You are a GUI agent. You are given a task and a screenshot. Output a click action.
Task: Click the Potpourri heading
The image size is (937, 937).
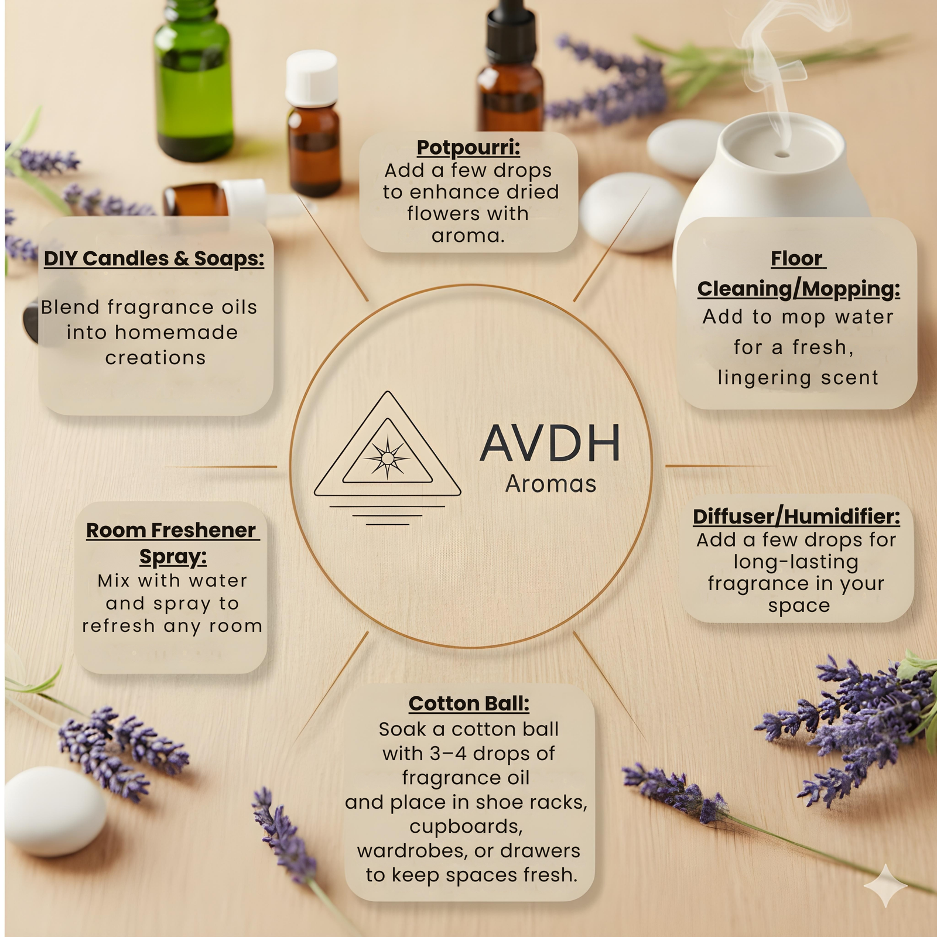[x=468, y=148]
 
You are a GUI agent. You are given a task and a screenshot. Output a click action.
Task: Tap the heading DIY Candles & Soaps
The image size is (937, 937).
[x=154, y=258]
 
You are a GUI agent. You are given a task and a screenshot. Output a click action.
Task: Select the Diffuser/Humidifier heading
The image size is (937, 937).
[x=796, y=517]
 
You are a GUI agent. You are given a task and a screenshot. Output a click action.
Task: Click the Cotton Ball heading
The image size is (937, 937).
[x=469, y=703]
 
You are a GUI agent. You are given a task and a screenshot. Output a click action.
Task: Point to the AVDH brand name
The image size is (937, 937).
[x=550, y=443]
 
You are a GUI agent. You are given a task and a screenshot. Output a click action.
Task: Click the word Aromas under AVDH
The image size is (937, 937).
[x=550, y=484]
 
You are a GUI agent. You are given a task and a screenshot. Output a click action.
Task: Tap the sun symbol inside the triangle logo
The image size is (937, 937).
[x=387, y=457]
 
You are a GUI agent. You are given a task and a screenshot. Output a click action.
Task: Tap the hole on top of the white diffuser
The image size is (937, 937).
[x=781, y=155]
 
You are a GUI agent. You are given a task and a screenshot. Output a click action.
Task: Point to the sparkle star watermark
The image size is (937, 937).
[x=885, y=885]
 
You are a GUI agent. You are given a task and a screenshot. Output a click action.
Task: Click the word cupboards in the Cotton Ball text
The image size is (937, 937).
[x=466, y=826]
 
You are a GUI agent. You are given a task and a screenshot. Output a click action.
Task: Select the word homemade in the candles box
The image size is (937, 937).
[x=176, y=332]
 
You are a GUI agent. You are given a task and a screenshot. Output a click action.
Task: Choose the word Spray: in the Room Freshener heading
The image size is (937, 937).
[x=173, y=556]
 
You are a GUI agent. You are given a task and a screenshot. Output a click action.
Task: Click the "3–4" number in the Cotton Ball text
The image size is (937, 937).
[x=447, y=753]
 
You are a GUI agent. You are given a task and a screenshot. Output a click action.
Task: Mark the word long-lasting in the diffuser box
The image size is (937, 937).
[x=796, y=562]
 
